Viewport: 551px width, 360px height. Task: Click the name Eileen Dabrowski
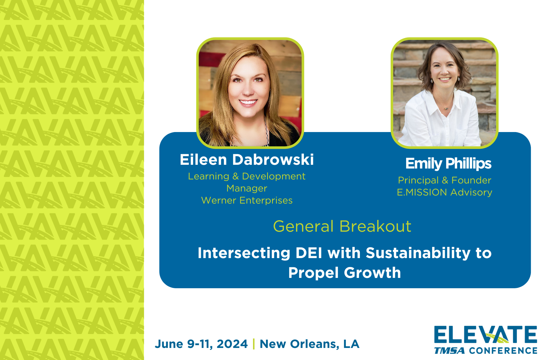[247, 160]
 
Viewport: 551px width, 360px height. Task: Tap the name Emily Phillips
[448, 163]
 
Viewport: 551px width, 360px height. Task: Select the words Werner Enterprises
[247, 200]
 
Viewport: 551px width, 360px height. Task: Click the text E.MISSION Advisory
[445, 192]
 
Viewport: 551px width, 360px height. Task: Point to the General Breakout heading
[342, 226]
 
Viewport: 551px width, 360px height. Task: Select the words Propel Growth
[345, 272]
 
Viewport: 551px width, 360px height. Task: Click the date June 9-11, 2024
[201, 344]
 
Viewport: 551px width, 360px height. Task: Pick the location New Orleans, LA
[309, 344]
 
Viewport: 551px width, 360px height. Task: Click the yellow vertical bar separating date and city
[254, 344]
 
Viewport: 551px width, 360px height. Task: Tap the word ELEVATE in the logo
[485, 335]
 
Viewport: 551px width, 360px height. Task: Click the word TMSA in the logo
[449, 351]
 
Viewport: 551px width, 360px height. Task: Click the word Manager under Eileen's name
[247, 188]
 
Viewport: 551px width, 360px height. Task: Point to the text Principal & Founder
[445, 180]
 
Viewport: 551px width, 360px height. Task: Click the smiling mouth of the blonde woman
[248, 102]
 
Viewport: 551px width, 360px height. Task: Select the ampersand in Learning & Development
[236, 176]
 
